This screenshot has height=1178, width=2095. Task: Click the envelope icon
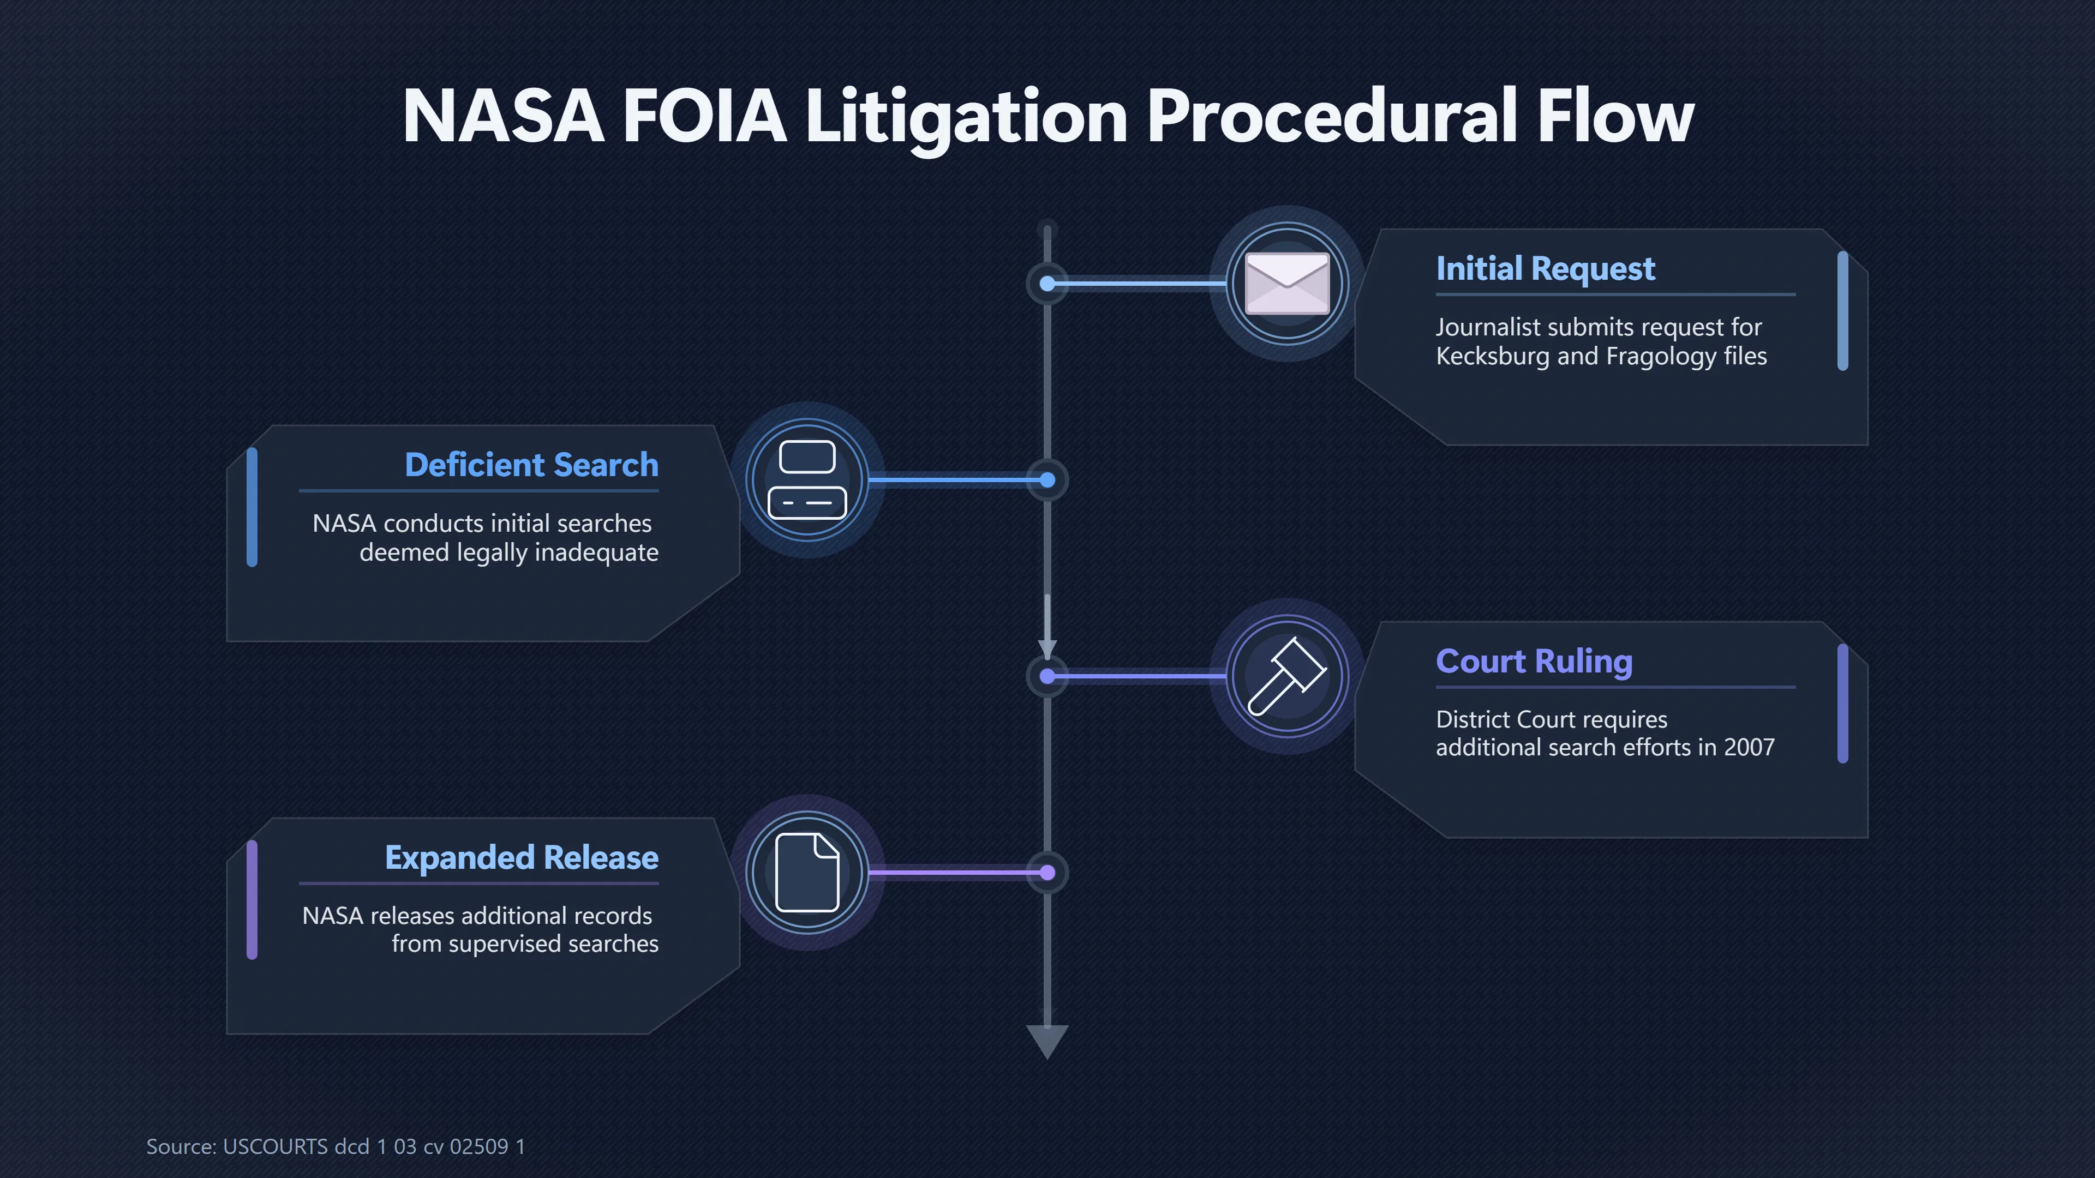(1288, 284)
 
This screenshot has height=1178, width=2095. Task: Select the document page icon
(807, 873)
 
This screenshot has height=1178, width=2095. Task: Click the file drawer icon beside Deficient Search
(807, 480)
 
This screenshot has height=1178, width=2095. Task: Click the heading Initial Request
(1545, 268)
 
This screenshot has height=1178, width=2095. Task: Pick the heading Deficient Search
(532, 465)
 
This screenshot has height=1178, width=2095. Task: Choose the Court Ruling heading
(1534, 662)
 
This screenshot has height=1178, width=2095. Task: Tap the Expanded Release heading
(522, 858)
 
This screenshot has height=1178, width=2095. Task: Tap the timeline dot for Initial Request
(1047, 284)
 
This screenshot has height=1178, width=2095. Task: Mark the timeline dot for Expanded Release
(1047, 873)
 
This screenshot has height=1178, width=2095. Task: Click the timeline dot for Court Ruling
(1047, 676)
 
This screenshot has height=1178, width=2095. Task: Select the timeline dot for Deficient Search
(1047, 480)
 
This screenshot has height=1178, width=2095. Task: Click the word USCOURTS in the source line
(275, 1146)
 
